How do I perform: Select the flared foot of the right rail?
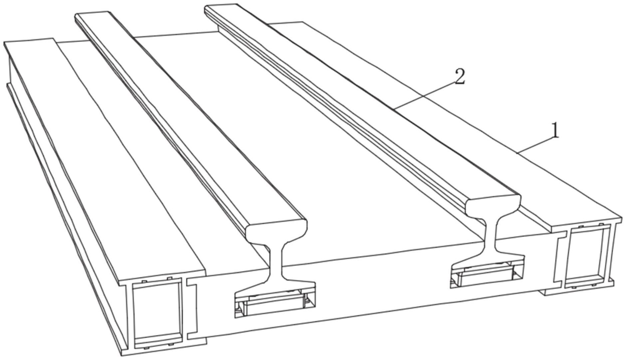(x=487, y=260)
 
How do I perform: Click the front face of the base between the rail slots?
(x=383, y=286)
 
